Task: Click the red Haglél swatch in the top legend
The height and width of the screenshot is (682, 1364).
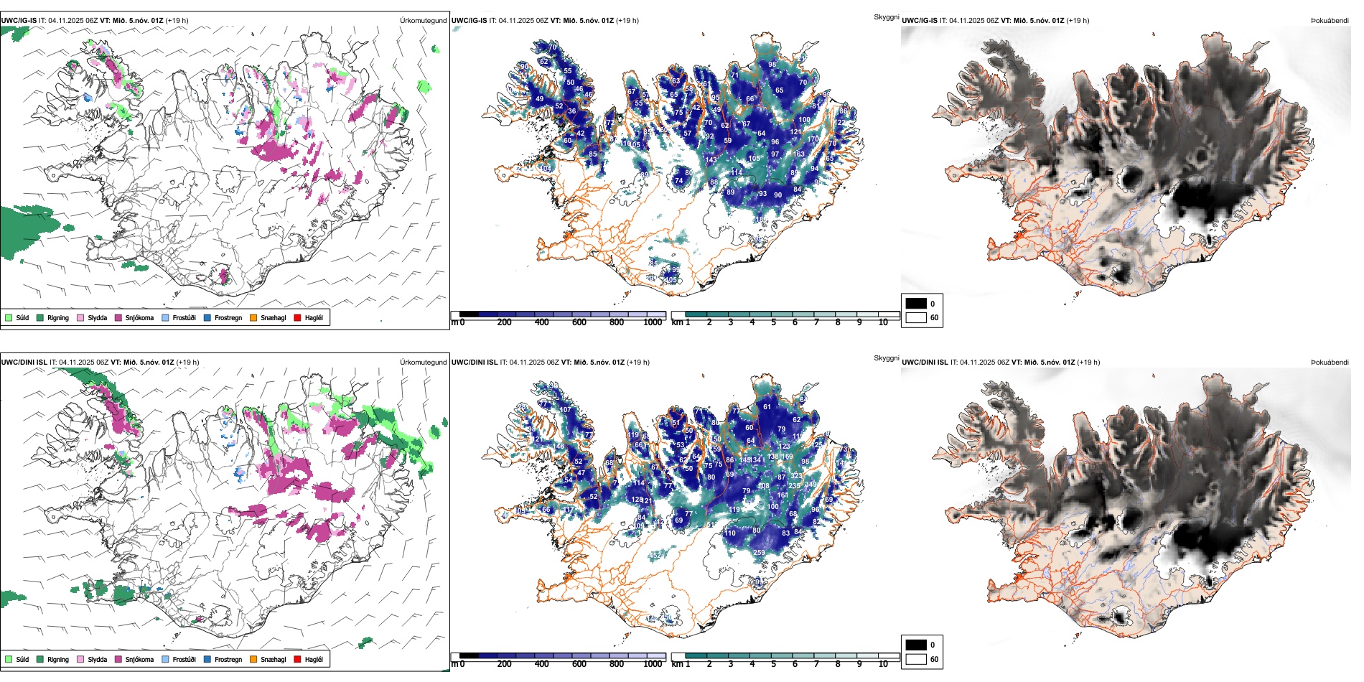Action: (297, 317)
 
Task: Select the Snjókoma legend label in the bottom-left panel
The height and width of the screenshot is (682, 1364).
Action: (139, 659)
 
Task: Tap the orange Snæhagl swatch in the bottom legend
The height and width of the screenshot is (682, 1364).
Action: (253, 659)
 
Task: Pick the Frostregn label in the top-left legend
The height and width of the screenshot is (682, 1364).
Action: (228, 317)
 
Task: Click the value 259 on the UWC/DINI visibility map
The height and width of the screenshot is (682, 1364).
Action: (759, 553)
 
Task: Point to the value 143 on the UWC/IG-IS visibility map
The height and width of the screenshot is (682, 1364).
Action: (711, 160)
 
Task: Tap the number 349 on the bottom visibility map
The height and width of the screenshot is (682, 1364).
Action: (810, 485)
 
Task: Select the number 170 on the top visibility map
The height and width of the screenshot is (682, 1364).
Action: (813, 139)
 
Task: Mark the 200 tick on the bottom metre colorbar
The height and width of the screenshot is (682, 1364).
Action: (505, 664)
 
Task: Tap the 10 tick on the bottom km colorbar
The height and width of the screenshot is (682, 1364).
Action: (883, 664)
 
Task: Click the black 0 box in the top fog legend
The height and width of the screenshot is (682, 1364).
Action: (916, 303)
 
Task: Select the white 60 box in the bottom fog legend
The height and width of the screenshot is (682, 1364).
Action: (916, 659)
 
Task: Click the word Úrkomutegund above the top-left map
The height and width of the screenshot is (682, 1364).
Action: (423, 20)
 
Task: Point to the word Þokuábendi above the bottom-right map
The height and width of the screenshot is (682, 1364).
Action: (1330, 362)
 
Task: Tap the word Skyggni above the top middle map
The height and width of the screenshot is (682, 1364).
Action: (886, 17)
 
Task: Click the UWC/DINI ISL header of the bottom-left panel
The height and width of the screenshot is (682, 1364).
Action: (24, 362)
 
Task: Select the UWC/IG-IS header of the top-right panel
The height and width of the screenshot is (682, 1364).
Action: (920, 20)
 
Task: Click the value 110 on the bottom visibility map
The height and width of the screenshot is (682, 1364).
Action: (730, 533)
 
